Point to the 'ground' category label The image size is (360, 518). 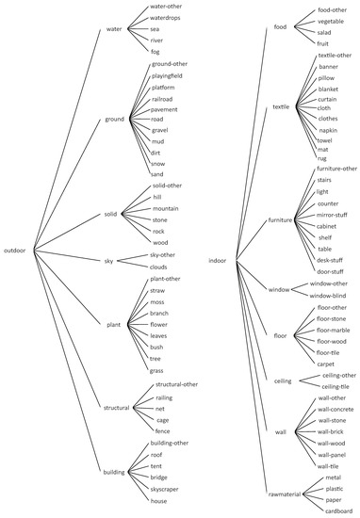(114, 120)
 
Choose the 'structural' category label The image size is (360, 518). (116, 407)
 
